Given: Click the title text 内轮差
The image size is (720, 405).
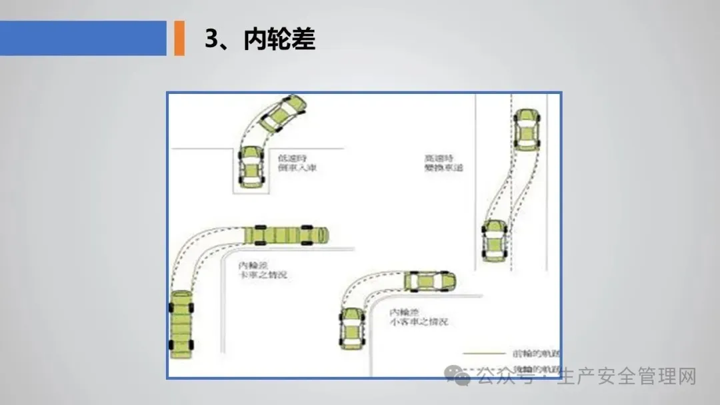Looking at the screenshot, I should click(279, 40).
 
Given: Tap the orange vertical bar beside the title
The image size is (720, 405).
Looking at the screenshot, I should click(179, 38).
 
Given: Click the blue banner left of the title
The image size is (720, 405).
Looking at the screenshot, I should click(83, 38).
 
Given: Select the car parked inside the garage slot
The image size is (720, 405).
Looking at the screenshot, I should click(250, 167).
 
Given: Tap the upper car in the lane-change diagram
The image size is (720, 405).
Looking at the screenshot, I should click(526, 129).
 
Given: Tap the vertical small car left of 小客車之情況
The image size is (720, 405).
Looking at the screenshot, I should click(351, 328).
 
